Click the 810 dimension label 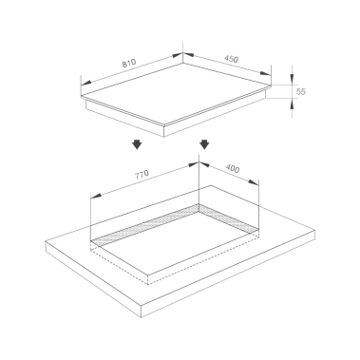point(129,63)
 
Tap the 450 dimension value point(231,59)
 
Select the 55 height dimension point(301,91)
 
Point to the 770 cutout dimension point(142,175)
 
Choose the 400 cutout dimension point(233,169)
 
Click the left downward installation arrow point(137,144)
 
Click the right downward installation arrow point(204,144)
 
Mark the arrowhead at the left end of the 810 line point(86,83)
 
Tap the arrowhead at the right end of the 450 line point(265,73)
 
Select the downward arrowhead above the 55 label point(292,79)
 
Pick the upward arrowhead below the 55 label point(292,104)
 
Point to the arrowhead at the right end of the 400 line point(254,182)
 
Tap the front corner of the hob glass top point(163,124)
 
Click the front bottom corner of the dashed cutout point(148,284)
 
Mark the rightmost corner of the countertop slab point(315,230)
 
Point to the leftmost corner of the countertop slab point(46,241)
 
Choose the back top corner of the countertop point(210,185)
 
